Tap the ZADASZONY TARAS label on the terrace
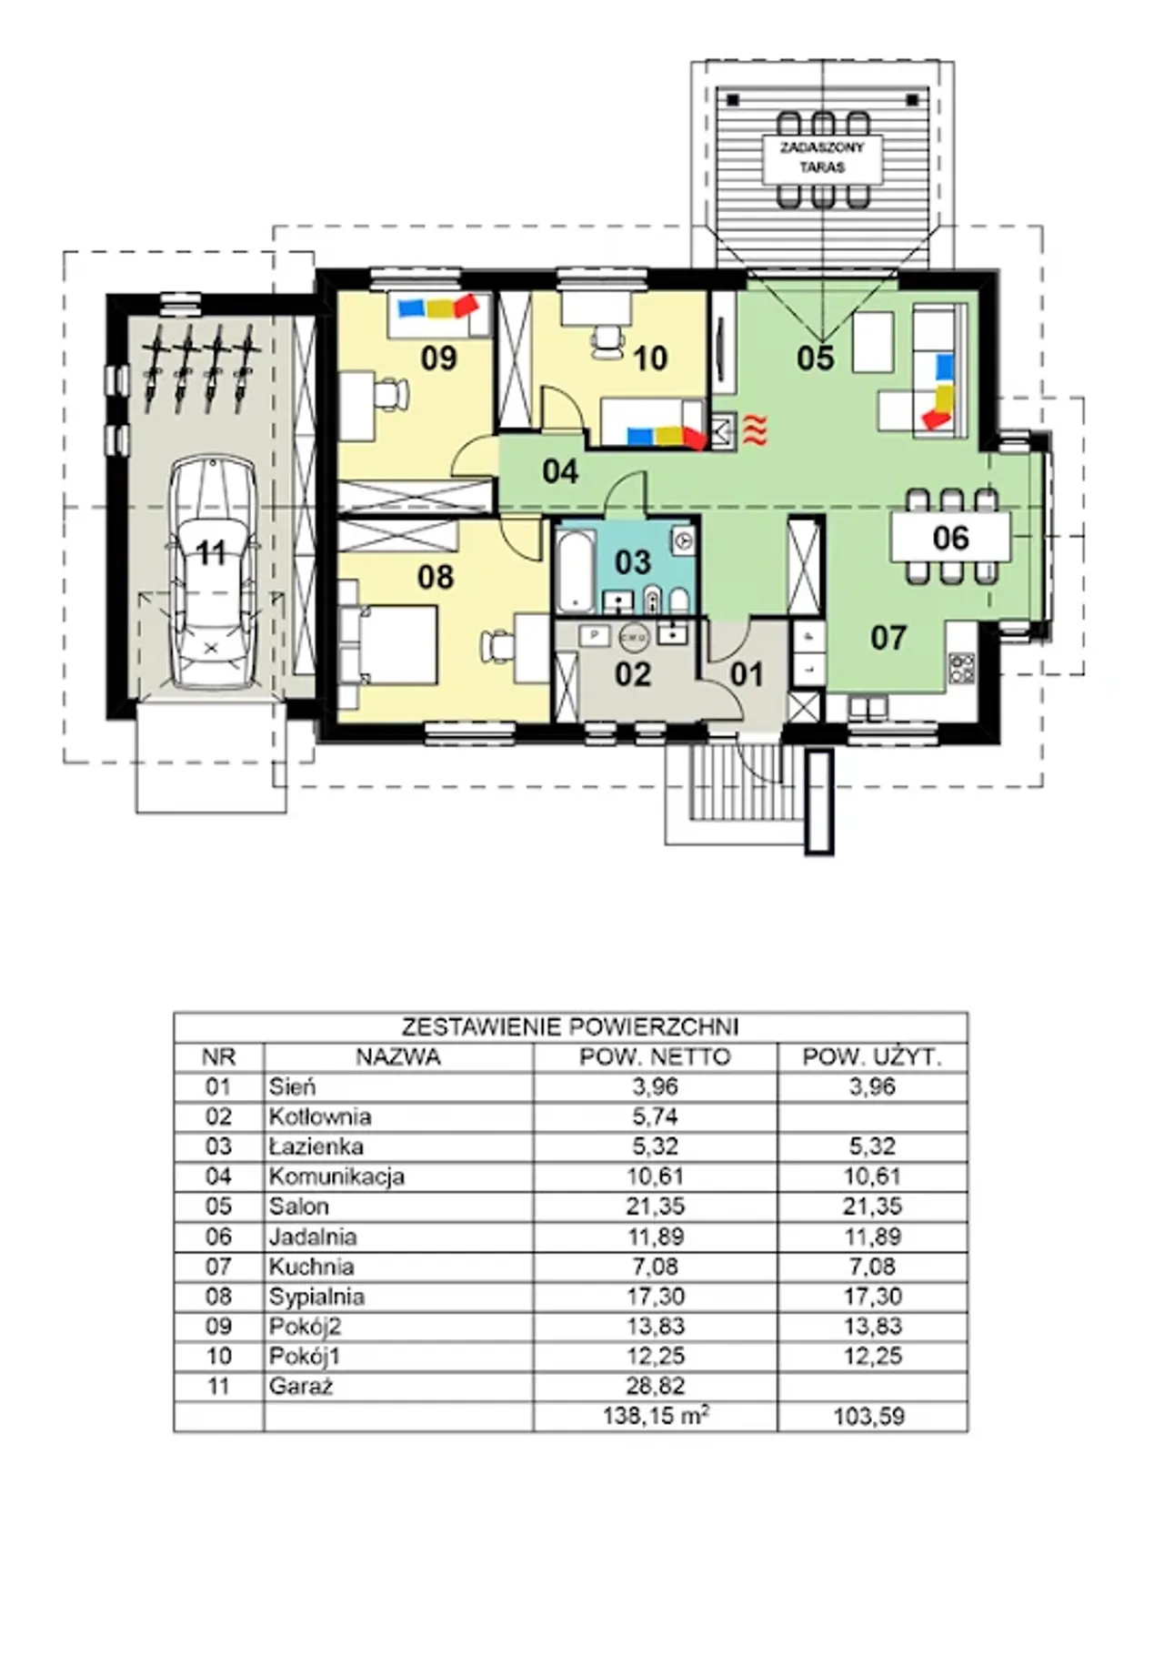822,157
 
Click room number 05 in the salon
815,358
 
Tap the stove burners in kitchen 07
961,668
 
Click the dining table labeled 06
950,537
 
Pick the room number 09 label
438,358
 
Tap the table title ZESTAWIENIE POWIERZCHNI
570,1027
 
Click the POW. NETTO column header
655,1056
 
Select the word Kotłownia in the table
320,1116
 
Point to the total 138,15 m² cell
656,1415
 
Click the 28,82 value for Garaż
656,1386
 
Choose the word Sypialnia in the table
316,1297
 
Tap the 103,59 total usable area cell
869,1416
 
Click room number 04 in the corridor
560,471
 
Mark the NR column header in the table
218,1056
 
